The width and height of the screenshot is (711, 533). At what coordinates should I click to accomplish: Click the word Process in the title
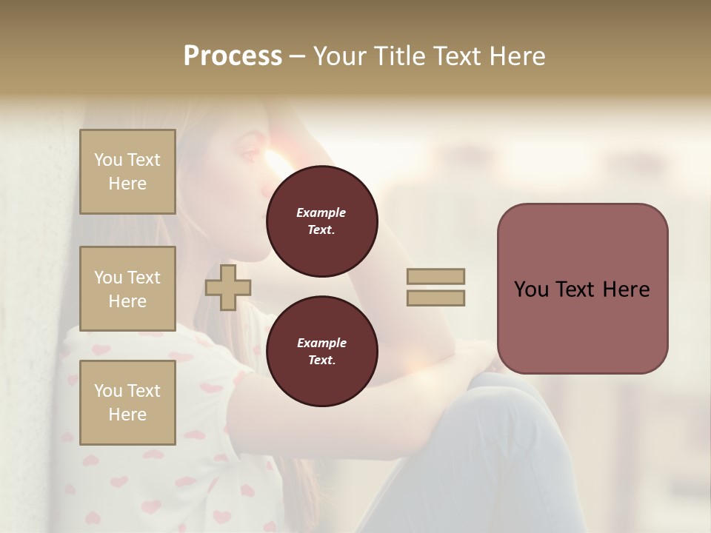coord(233,56)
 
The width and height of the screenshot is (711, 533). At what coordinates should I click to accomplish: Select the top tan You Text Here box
coord(127,172)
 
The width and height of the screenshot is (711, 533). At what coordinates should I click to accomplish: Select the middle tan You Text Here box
coord(127,289)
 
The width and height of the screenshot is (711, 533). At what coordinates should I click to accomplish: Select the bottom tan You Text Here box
coord(127,403)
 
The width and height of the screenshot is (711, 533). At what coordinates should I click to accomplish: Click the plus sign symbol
coord(227,287)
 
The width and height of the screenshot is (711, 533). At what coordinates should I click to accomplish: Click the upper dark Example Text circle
coord(321,221)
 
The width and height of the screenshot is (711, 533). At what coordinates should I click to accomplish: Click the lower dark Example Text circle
coord(321,351)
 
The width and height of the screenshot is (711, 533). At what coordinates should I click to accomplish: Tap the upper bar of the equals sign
coord(436,276)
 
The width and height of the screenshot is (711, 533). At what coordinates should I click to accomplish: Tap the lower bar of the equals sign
coord(436,298)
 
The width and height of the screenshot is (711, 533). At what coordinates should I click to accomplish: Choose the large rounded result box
coord(582,289)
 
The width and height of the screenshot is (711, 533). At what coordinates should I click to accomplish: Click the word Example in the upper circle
coord(321,212)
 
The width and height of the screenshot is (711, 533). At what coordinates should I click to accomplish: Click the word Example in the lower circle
coord(321,343)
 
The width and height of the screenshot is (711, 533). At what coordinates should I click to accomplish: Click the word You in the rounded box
coord(531,289)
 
